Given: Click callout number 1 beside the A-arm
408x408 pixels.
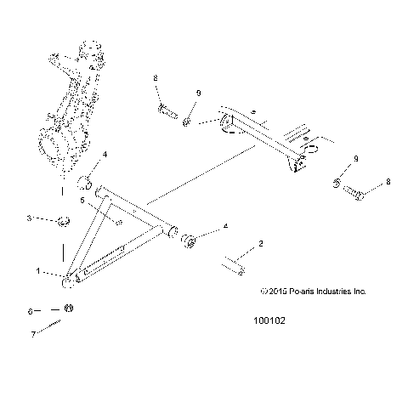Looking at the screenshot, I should [37, 271].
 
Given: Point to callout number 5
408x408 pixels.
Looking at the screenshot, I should [106, 201].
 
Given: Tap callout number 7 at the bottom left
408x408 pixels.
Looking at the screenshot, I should [34, 334].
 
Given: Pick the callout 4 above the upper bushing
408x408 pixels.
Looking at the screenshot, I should [105, 155].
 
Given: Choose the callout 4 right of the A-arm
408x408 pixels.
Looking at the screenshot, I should [225, 227].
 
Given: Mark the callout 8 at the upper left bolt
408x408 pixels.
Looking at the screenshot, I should [156, 78].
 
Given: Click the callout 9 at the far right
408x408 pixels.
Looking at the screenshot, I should [356, 159].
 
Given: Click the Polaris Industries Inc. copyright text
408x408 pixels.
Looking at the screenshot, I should [314, 291].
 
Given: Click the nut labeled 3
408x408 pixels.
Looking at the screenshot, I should [62, 223].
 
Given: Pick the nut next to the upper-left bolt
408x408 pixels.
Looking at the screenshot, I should [186, 122].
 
